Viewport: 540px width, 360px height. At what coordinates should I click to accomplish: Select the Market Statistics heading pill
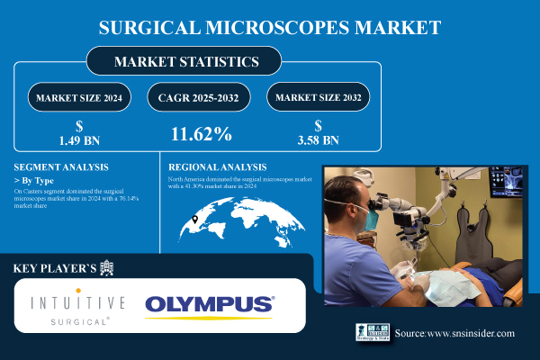click(x=184, y=62)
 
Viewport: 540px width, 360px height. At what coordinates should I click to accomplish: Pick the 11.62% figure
click(x=202, y=135)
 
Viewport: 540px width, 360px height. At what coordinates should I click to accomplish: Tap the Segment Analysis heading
click(x=61, y=167)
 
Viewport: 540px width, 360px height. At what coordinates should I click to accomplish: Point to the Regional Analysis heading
click(x=218, y=167)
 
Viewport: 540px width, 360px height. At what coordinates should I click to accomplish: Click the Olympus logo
click(x=210, y=304)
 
